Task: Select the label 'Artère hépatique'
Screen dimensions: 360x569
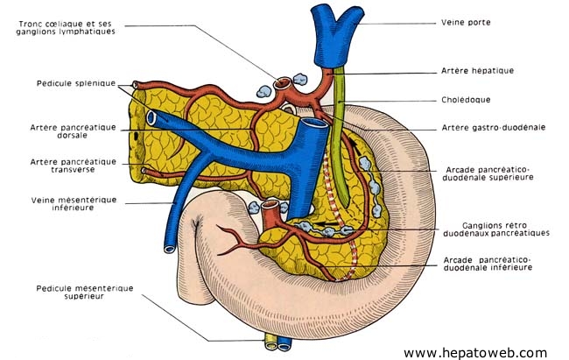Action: (x=477, y=70)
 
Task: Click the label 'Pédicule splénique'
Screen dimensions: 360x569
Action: (x=76, y=83)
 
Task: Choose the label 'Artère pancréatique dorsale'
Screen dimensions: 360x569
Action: (x=73, y=132)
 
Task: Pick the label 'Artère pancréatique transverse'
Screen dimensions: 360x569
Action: (x=73, y=166)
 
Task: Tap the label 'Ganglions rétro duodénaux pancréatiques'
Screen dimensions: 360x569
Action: (x=496, y=229)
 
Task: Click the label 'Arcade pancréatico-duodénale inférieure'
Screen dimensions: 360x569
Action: (x=488, y=264)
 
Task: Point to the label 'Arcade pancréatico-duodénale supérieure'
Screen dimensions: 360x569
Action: (x=488, y=173)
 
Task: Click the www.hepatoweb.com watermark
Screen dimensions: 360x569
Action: (x=474, y=352)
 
